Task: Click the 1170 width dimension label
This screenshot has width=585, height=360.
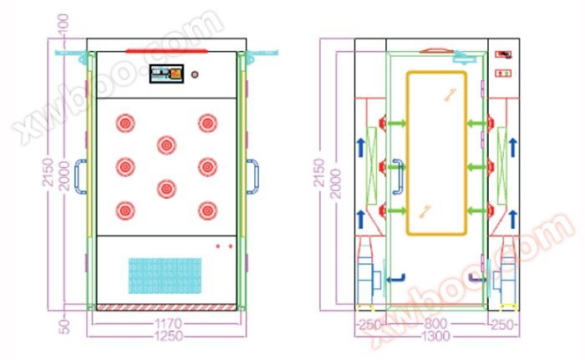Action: [168, 323]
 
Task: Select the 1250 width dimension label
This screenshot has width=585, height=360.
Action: [169, 336]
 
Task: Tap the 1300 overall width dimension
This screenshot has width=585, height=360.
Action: [435, 337]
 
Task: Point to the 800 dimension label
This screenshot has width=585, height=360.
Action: [435, 323]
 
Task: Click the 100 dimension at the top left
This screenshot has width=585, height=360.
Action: [63, 23]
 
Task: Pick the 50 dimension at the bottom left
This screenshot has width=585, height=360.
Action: [64, 327]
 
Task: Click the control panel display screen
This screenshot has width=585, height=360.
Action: [166, 74]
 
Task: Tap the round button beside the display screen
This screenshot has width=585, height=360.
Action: [195, 74]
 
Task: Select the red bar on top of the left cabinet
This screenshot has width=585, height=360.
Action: [166, 51]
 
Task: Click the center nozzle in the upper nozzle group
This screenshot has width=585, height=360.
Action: [166, 145]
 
